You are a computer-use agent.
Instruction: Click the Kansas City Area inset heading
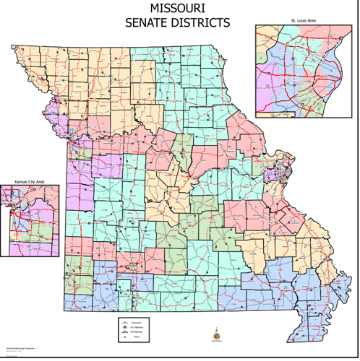(x=29, y=182)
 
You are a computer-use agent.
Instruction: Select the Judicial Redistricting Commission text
(x=20, y=348)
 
